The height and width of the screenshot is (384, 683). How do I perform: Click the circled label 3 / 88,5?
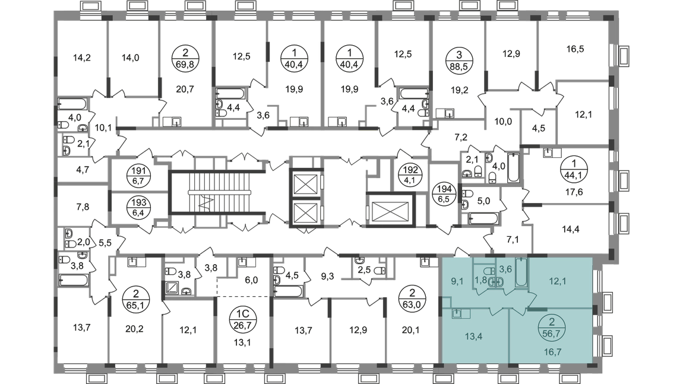(x=459, y=60)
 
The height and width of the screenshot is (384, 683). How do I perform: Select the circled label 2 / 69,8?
(x=185, y=59)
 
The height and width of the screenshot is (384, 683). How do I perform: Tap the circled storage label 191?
(x=138, y=176)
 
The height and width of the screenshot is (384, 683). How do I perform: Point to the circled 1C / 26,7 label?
(x=243, y=319)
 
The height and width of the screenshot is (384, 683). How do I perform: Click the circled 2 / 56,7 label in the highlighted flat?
(x=552, y=328)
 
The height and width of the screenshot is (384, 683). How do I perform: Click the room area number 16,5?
(x=575, y=49)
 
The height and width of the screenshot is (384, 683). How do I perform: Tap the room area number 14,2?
(x=82, y=58)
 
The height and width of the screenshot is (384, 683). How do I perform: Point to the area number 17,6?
(x=574, y=192)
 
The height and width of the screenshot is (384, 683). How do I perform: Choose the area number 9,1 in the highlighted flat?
(x=457, y=281)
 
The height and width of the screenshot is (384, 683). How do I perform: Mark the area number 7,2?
(x=461, y=138)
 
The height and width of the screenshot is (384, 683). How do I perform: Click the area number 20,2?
(x=134, y=329)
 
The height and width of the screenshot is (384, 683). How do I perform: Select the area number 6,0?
(x=251, y=280)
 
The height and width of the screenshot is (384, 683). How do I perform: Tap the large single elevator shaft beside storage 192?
(x=391, y=210)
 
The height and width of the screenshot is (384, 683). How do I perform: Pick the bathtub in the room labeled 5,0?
(x=483, y=218)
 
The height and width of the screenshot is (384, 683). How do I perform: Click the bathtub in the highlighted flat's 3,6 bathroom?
(x=521, y=272)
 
